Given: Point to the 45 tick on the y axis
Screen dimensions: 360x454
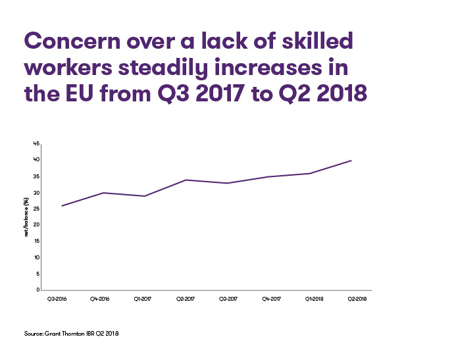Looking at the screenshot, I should tap(37, 143).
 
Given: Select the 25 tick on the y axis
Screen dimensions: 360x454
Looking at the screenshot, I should tap(37, 209).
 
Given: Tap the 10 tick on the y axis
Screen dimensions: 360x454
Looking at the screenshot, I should tap(37, 257).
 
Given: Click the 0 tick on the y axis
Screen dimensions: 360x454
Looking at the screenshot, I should tap(38, 290).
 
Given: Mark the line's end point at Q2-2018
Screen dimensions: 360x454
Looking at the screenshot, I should tap(351, 160).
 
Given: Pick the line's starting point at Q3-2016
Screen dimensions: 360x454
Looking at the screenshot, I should tap(62, 205).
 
